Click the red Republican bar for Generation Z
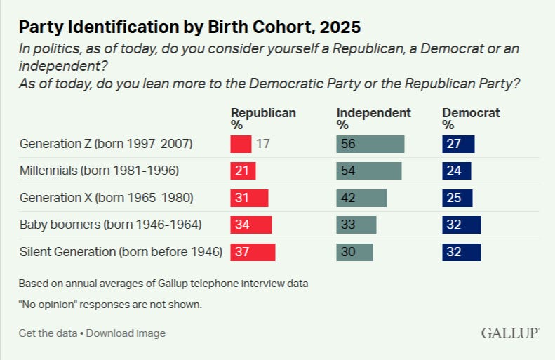click(x=241, y=144)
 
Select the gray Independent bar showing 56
click(x=370, y=144)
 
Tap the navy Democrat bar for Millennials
click(x=457, y=171)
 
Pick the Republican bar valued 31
click(x=249, y=198)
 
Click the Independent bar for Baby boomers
click(x=356, y=225)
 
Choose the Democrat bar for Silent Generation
click(x=462, y=252)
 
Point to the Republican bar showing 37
click(x=253, y=252)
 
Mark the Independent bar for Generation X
click(x=361, y=198)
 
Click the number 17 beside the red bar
click(x=263, y=144)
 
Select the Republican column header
click(x=263, y=119)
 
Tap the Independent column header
click(x=373, y=119)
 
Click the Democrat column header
click(x=471, y=119)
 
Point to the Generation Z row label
click(x=106, y=144)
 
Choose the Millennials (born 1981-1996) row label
click(x=99, y=171)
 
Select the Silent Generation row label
click(x=121, y=252)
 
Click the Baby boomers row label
click(x=110, y=225)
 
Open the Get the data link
click(x=48, y=333)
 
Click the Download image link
click(x=126, y=333)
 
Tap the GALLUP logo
click(x=510, y=333)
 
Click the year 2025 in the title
click(x=340, y=27)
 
